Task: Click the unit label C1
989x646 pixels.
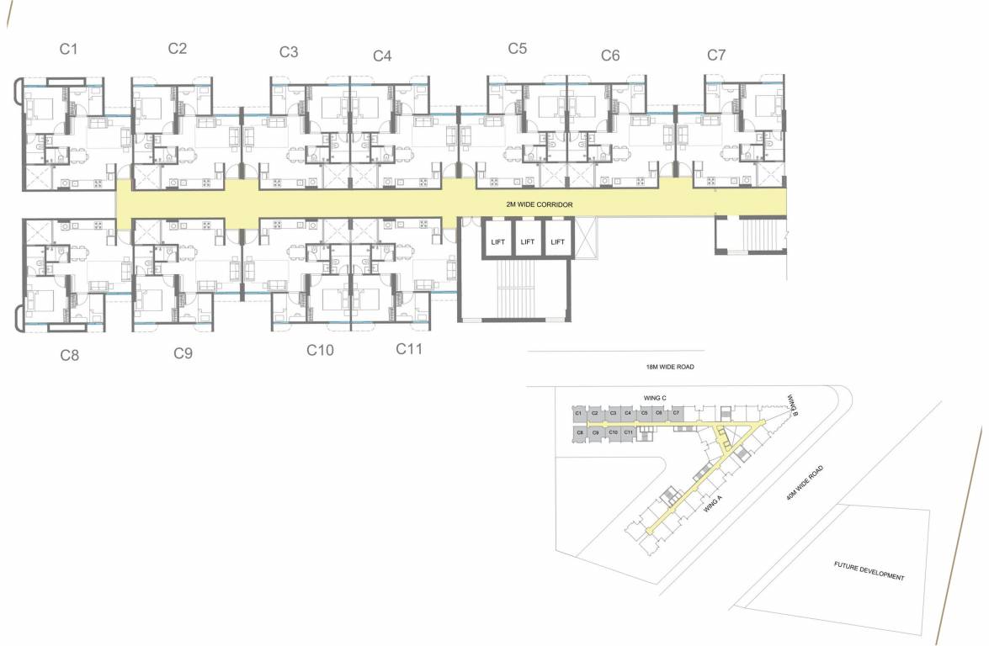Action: click(69, 49)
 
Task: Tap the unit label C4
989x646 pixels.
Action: click(382, 56)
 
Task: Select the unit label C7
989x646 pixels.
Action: click(716, 55)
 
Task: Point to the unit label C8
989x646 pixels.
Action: click(70, 355)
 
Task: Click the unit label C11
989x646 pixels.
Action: click(409, 348)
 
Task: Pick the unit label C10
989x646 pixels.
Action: click(320, 349)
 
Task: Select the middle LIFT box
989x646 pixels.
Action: click(528, 241)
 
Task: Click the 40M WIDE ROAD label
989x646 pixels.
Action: click(804, 484)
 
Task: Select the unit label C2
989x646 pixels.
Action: click(177, 48)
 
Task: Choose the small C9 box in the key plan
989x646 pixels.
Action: click(595, 432)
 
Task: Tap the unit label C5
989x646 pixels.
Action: click(518, 48)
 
